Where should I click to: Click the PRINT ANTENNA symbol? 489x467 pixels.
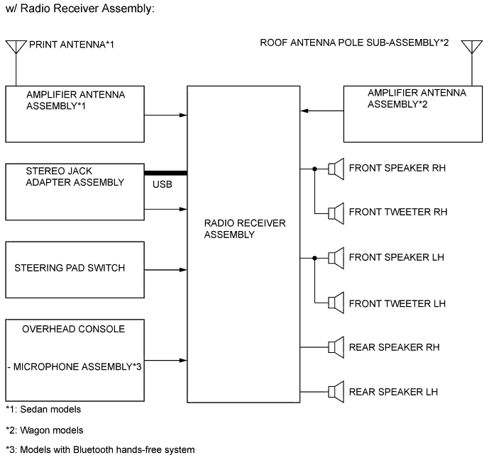pyautogui.click(x=16, y=47)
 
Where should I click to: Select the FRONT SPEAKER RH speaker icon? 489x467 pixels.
pyautogui.click(x=336, y=169)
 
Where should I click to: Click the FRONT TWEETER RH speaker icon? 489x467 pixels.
pyautogui.click(x=336, y=213)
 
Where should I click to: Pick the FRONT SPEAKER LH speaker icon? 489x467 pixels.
pyautogui.click(x=336, y=257)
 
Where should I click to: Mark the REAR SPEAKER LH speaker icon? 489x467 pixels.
pyautogui.click(x=336, y=391)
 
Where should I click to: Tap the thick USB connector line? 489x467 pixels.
pyautogui.click(x=165, y=173)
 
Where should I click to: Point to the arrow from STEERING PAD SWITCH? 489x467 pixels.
pyautogui.click(x=165, y=270)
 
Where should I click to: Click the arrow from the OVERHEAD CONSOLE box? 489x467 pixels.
pyautogui.click(x=165, y=359)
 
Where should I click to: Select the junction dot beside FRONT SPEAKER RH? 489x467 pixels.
pyautogui.click(x=314, y=169)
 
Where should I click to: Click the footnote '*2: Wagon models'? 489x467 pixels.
pyautogui.click(x=44, y=429)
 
